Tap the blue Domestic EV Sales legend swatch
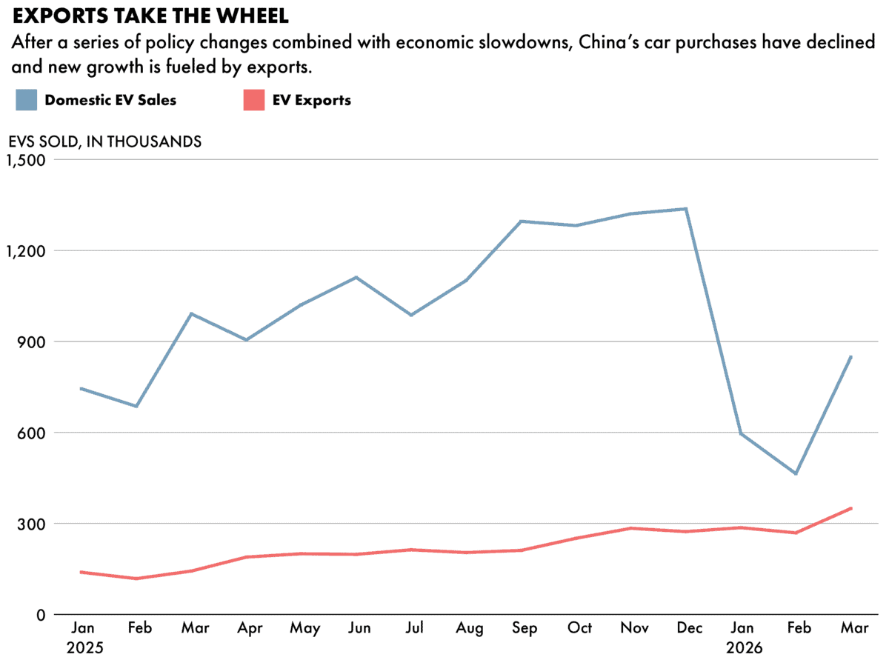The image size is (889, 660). [x=27, y=100]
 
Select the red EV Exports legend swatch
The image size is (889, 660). [x=253, y=100]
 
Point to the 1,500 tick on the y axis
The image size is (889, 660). [x=25, y=160]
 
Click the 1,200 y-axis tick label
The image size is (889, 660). [x=25, y=251]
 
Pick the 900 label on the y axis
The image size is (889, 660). [x=33, y=342]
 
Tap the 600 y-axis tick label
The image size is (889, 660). [x=33, y=433]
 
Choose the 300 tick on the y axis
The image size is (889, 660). [x=33, y=524]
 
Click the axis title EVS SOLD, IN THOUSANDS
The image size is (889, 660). [x=104, y=141]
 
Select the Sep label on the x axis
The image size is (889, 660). [x=525, y=628]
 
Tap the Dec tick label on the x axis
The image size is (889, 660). [x=689, y=628]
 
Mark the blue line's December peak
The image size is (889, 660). [x=687, y=209]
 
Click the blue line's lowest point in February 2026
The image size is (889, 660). [x=796, y=473]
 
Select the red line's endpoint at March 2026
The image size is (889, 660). [x=851, y=508]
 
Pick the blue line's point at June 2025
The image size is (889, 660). [x=356, y=277]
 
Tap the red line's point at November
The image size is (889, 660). [x=631, y=528]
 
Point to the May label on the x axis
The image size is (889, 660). [x=304, y=628]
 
